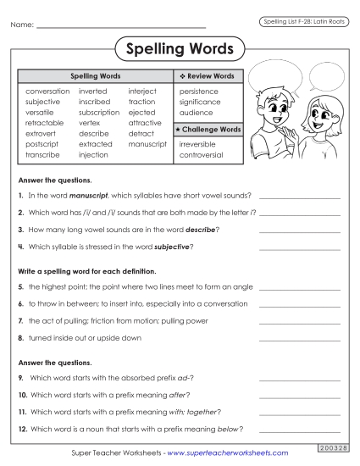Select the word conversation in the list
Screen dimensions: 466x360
point(48,91)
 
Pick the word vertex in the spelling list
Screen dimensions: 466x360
point(89,123)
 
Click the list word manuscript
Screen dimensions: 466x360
point(147,145)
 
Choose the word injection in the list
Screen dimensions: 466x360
point(93,156)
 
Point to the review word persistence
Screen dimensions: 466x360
point(199,91)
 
